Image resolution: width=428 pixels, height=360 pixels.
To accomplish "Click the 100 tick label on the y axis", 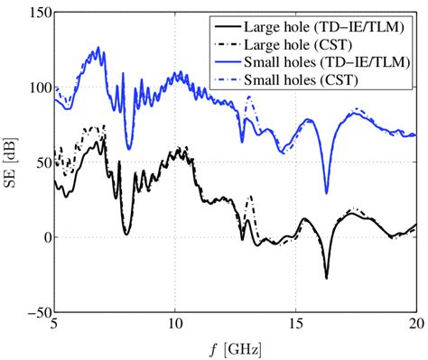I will click(36, 88).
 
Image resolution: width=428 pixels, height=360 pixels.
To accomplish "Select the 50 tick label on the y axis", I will click(40, 163).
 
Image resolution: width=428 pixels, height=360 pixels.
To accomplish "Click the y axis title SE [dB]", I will click(12, 162).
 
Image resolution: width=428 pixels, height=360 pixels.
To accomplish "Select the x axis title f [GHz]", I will click(235, 347).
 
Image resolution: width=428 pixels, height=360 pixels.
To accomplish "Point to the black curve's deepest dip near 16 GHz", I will click(326, 278).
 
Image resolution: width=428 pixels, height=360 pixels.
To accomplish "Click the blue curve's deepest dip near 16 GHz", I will click(326, 192).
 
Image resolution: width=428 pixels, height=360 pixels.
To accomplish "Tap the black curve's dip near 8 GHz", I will click(127, 234).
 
